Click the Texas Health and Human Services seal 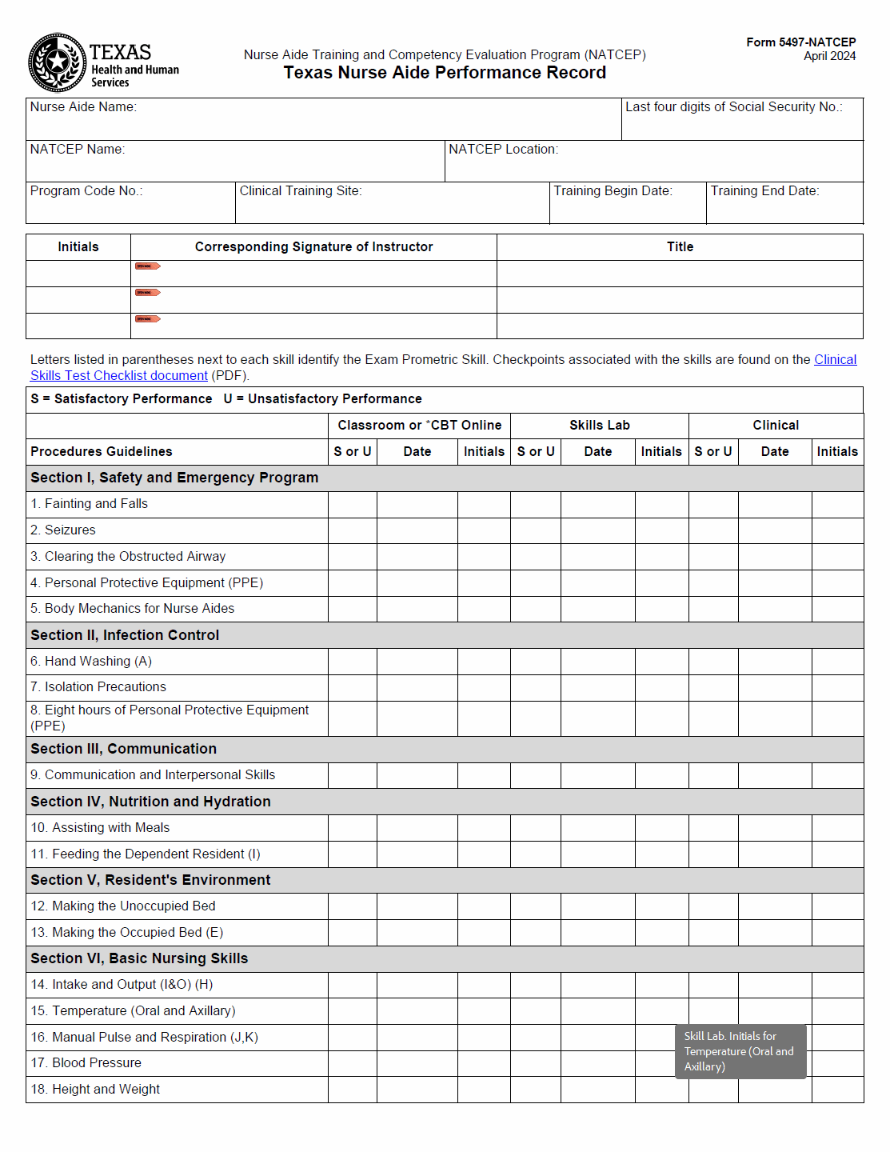pyautogui.click(x=57, y=62)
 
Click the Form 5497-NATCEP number pyautogui.click(x=800, y=42)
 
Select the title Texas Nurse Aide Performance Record pyautogui.click(x=445, y=73)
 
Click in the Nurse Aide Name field pyautogui.click(x=323, y=122)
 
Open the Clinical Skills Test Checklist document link pyautogui.click(x=118, y=376)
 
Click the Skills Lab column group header pyautogui.click(x=599, y=426)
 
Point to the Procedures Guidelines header pyautogui.click(x=102, y=452)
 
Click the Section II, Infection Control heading pyautogui.click(x=125, y=635)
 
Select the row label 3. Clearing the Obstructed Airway pyautogui.click(x=128, y=557)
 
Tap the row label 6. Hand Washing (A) pyautogui.click(x=91, y=662)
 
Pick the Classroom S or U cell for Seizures pyautogui.click(x=353, y=530)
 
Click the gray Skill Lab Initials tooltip pyautogui.click(x=740, y=1051)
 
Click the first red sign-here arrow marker pyautogui.click(x=147, y=266)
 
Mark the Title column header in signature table pyautogui.click(x=680, y=247)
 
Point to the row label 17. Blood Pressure pyautogui.click(x=86, y=1063)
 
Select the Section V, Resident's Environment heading pyautogui.click(x=150, y=880)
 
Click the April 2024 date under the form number pyautogui.click(x=829, y=56)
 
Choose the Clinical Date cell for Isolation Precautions pyautogui.click(x=775, y=687)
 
